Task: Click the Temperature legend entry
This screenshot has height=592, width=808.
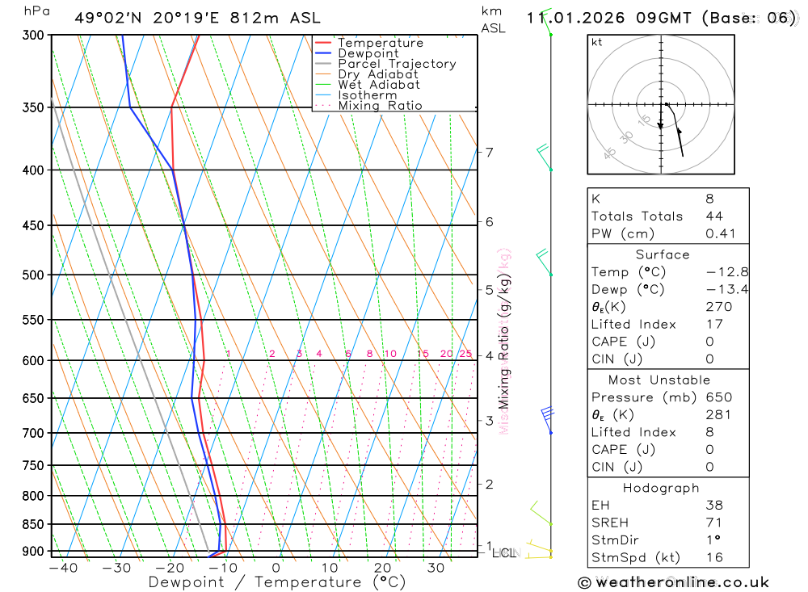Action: (380, 43)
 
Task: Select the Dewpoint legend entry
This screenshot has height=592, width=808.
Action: (368, 53)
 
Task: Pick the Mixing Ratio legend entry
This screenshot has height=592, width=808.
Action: (380, 106)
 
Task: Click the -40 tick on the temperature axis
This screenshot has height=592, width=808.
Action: (63, 568)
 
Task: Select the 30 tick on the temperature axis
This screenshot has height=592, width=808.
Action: (436, 568)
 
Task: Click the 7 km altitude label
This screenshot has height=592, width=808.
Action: (489, 152)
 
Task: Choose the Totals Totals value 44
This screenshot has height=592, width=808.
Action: (714, 216)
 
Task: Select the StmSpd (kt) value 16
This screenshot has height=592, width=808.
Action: (714, 557)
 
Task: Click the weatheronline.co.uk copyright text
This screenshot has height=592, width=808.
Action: (674, 582)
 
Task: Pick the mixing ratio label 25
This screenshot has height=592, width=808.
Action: (465, 354)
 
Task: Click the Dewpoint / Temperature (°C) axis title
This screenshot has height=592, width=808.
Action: (277, 582)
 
